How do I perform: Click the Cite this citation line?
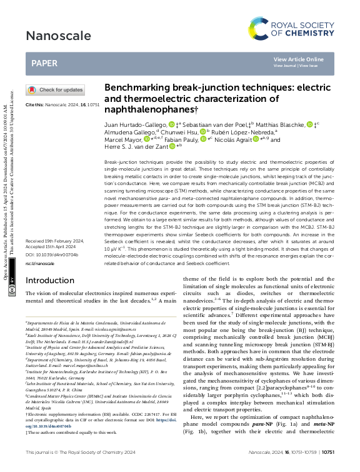(62, 105)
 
